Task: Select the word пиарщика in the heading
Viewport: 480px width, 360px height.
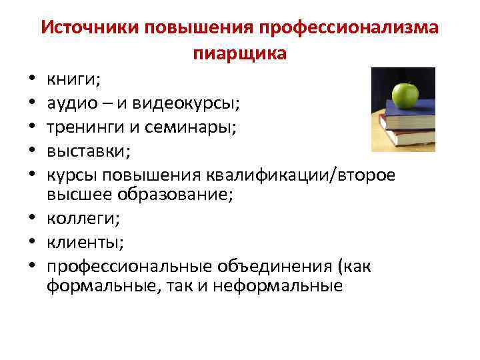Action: (240, 54)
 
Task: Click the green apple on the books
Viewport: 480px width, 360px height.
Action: (405, 95)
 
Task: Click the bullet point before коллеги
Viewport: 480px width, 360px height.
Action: (32, 219)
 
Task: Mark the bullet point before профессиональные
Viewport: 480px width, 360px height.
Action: (32, 266)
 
